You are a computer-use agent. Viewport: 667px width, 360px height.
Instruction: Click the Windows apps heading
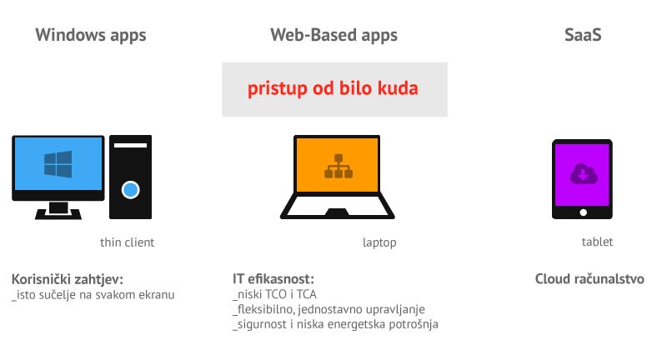click(91, 35)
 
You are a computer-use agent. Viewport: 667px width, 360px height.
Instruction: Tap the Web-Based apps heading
click(334, 35)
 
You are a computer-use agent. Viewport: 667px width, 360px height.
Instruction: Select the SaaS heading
click(583, 35)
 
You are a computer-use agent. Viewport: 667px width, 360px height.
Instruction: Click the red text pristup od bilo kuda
click(333, 89)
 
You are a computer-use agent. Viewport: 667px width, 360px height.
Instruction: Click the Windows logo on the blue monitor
click(58, 163)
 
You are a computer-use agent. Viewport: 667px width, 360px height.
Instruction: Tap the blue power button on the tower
click(130, 189)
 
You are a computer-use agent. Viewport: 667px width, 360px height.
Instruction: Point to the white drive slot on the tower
click(130, 145)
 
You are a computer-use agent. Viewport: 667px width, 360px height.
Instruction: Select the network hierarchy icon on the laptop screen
click(339, 166)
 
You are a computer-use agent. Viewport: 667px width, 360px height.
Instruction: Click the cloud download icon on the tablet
click(583, 174)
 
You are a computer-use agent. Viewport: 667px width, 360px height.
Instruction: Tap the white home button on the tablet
click(583, 212)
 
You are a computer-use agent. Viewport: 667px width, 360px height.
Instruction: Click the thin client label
click(127, 242)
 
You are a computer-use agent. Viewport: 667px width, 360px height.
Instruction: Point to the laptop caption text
click(379, 242)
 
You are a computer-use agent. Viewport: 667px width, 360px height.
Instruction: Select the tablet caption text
click(597, 242)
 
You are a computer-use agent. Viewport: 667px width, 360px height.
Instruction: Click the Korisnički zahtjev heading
click(68, 280)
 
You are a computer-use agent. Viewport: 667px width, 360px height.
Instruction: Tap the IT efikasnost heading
click(273, 279)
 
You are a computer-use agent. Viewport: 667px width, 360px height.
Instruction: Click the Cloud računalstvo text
click(589, 279)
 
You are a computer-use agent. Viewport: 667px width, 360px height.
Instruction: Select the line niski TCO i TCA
click(275, 294)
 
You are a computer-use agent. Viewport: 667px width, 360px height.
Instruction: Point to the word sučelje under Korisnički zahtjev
click(58, 295)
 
